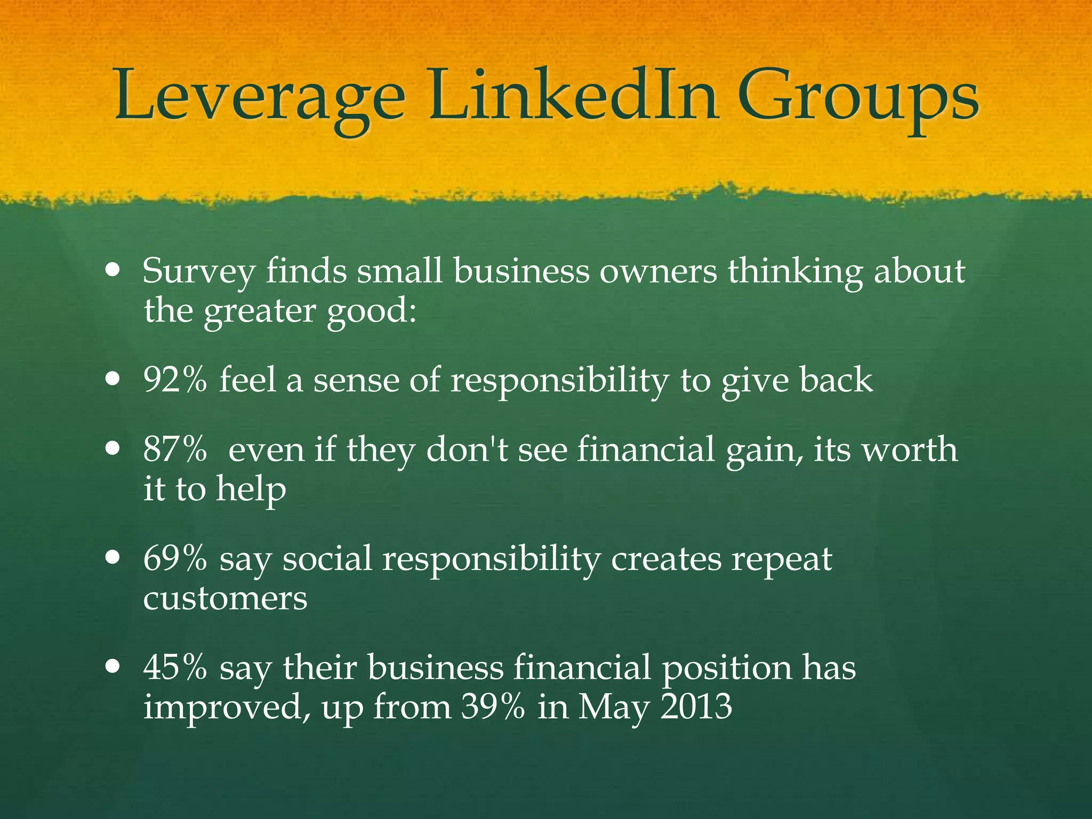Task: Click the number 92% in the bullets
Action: pyautogui.click(x=175, y=380)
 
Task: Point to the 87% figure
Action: pyautogui.click(x=175, y=449)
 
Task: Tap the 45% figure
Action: pyautogui.click(x=175, y=668)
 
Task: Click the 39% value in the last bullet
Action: pyautogui.click(x=493, y=707)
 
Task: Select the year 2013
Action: pyautogui.click(x=696, y=707)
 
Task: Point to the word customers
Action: pyautogui.click(x=225, y=599)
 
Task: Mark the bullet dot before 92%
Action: pyautogui.click(x=113, y=381)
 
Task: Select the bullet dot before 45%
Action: pyautogui.click(x=113, y=667)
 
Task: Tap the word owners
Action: pyautogui.click(x=659, y=271)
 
